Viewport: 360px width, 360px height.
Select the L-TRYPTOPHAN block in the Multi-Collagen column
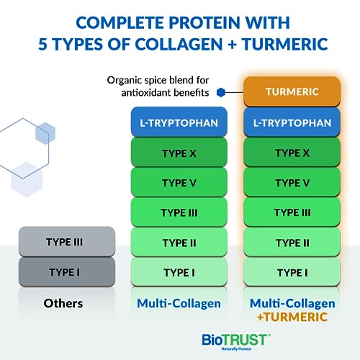pos(179,123)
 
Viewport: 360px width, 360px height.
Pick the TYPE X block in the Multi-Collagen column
pos(179,153)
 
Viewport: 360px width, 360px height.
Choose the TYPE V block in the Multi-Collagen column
pos(179,182)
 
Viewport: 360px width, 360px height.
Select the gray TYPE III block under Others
pos(66,242)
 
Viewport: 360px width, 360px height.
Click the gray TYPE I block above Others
pos(66,271)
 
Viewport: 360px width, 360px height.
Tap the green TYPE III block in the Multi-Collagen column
pos(179,212)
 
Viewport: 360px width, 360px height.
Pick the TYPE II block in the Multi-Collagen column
pos(179,242)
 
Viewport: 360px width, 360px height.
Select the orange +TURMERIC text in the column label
pos(292,316)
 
